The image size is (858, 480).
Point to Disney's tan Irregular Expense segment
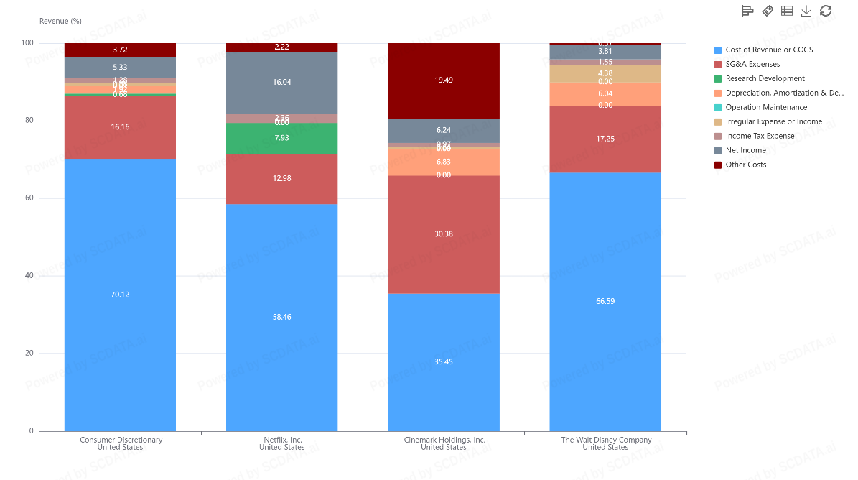click(x=605, y=73)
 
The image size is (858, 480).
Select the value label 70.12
click(x=120, y=295)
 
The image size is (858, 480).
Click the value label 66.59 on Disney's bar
click(x=605, y=301)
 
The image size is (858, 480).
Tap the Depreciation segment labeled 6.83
click(x=443, y=162)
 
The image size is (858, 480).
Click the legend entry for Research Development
click(x=765, y=78)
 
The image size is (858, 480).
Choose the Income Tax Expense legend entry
click(x=760, y=136)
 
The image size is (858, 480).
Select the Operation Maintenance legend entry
click(x=766, y=107)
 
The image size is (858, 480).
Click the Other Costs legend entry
click(x=745, y=165)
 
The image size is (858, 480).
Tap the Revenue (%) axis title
click(x=60, y=21)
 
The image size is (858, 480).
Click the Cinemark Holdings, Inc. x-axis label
click(x=443, y=443)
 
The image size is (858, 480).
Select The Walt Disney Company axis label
click(x=605, y=443)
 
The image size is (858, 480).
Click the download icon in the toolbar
click(x=806, y=11)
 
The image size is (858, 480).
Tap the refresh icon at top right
click(x=826, y=11)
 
